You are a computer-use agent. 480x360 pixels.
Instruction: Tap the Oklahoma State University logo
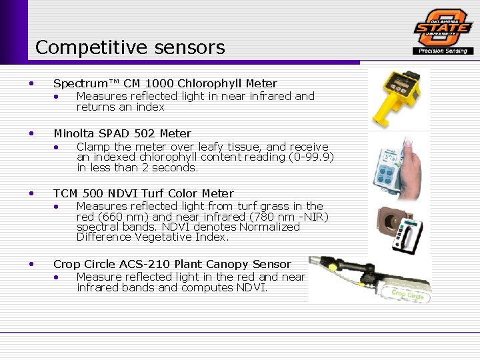click(443, 27)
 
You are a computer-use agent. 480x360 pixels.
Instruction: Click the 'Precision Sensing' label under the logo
click(443, 51)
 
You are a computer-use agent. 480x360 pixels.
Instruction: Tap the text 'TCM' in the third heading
click(66, 193)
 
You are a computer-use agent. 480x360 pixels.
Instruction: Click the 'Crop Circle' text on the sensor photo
click(407, 293)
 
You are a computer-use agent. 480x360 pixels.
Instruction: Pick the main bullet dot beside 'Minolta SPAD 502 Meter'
click(31, 133)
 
